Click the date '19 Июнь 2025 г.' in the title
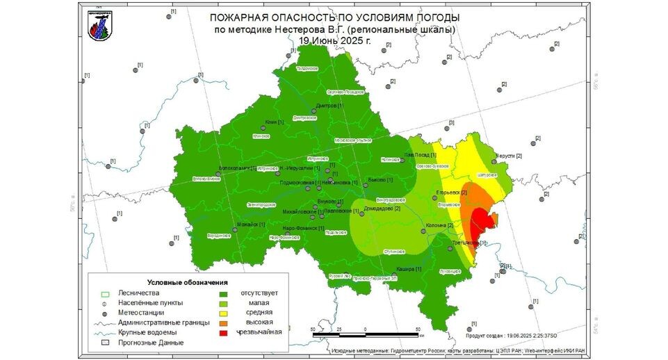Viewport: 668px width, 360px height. click(x=335, y=40)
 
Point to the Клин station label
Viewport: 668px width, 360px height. click(x=272, y=122)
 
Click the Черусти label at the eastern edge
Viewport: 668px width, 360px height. click(x=509, y=156)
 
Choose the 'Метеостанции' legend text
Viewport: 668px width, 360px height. click(x=142, y=313)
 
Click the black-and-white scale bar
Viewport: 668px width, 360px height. click(x=365, y=335)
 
